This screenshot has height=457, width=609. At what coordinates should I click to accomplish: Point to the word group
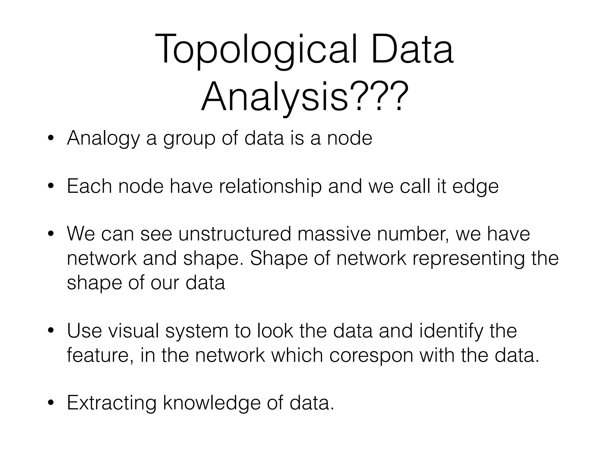[x=189, y=139]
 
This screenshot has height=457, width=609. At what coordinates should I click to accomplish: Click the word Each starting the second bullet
[x=89, y=187]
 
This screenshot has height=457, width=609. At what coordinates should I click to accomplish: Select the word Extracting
[x=112, y=403]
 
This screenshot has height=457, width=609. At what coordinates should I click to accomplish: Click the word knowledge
[x=212, y=403]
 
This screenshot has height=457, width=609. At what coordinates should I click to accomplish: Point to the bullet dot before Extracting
[x=51, y=403]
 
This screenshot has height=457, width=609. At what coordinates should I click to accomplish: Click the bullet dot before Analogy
[x=51, y=139]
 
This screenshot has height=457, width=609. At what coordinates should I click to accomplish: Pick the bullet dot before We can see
[x=51, y=234]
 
